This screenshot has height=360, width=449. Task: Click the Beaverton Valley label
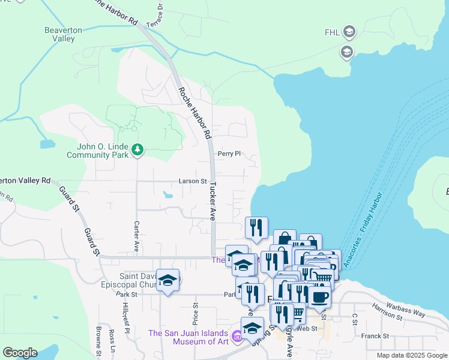click(59, 34)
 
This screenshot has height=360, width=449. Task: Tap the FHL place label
click(332, 32)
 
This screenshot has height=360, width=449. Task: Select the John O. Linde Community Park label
click(98, 151)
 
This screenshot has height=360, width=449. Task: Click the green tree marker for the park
click(138, 148)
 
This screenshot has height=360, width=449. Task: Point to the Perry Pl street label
click(229, 154)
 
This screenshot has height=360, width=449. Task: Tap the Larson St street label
click(192, 181)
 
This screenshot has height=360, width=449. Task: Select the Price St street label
click(195, 312)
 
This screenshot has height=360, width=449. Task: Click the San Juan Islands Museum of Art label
click(188, 338)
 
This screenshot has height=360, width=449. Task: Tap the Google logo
click(20, 353)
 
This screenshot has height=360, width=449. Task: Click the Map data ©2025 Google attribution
click(411, 355)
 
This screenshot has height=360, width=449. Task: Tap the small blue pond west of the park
click(46, 145)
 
